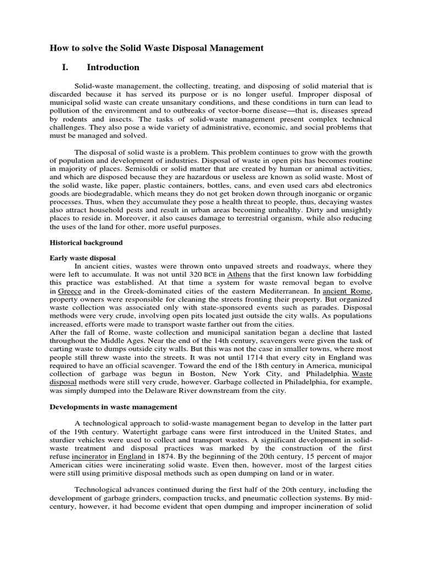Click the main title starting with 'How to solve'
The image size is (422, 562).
point(157,48)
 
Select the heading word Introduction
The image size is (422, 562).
point(113,68)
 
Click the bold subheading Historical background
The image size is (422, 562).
point(86,242)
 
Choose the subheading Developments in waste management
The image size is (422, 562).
point(114,407)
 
